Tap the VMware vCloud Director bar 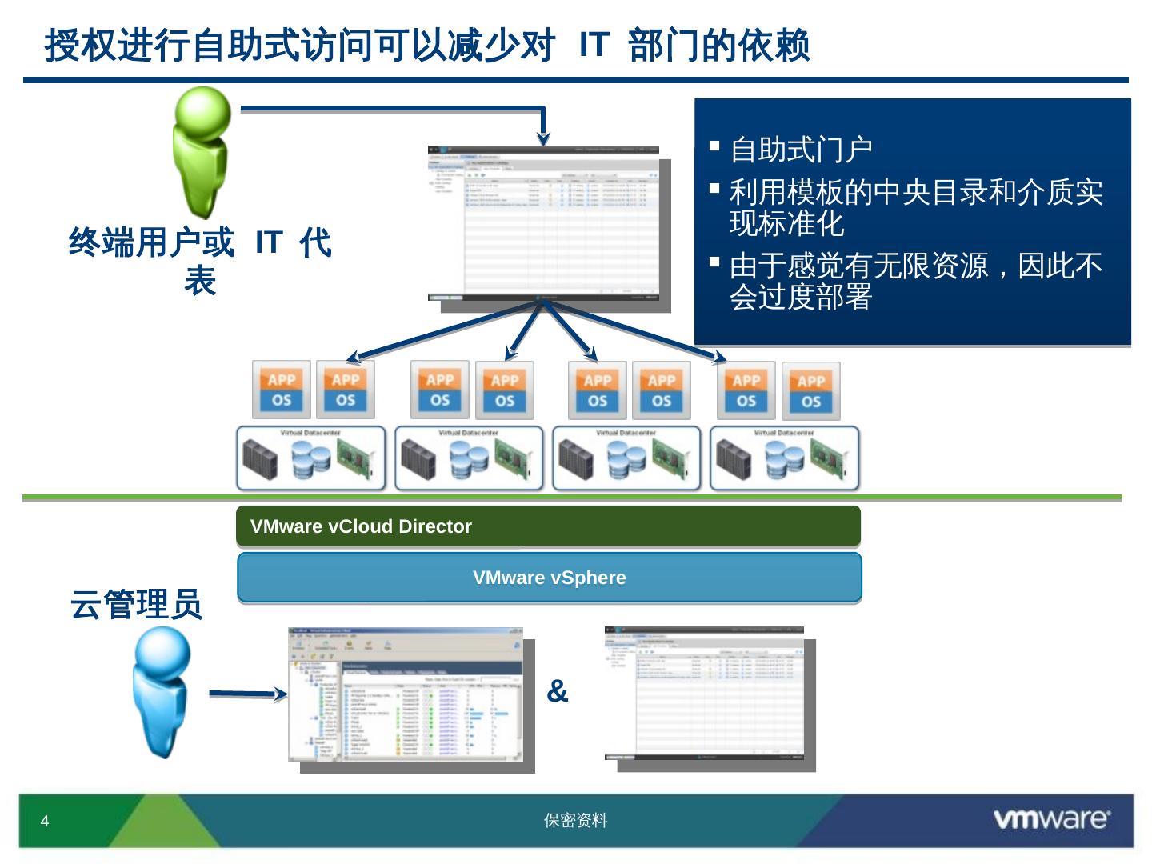click(548, 526)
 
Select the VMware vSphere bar click(549, 578)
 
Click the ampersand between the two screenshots click(557, 691)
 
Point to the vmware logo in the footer click(1051, 819)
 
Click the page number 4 click(45, 822)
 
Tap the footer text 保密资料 click(575, 821)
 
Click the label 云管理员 click(136, 604)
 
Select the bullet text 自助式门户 click(801, 150)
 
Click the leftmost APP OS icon click(282, 390)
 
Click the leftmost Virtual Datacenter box click(310, 458)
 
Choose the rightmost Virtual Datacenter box click(784, 458)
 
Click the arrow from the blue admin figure click(247, 694)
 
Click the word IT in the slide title click(594, 45)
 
